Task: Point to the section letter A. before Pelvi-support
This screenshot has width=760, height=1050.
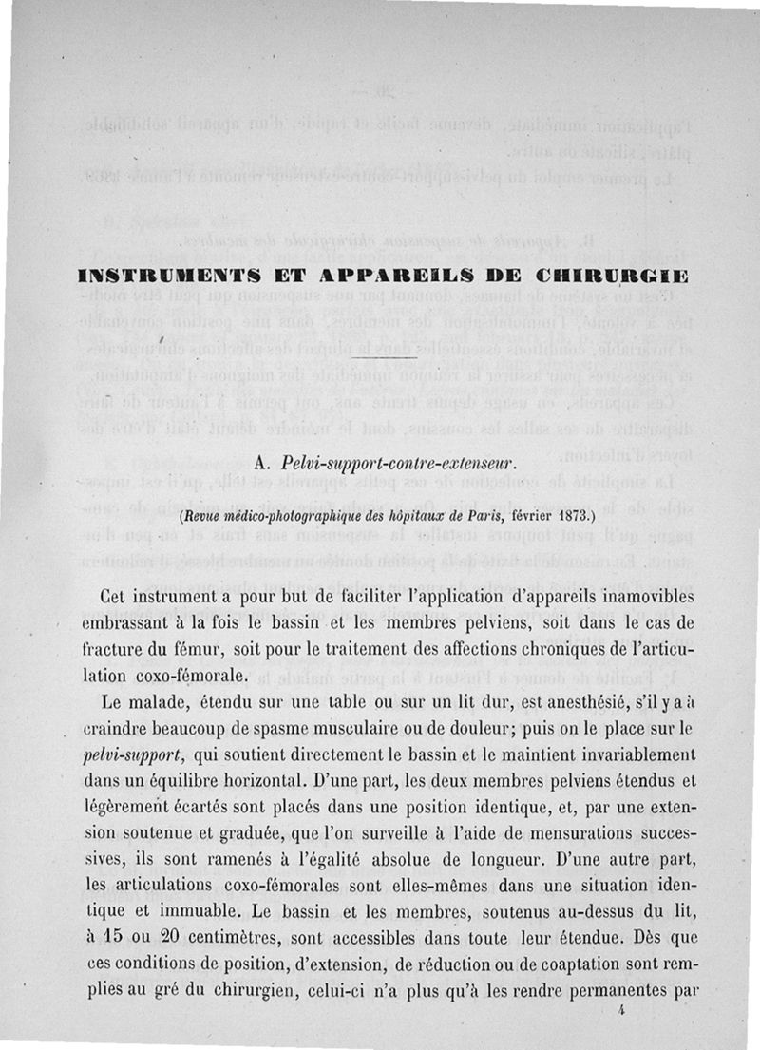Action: (264, 464)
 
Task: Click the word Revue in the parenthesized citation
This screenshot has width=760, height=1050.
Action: (204, 518)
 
